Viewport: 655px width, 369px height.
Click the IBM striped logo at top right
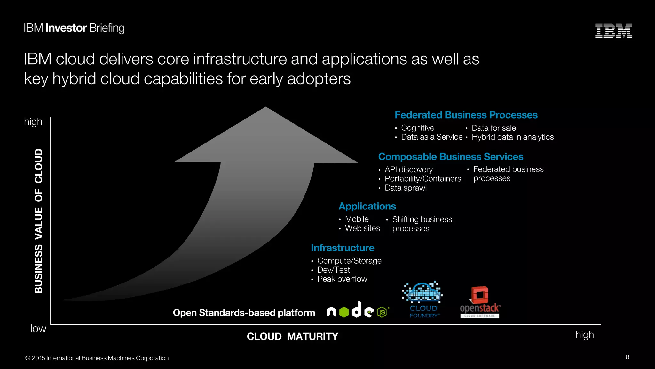tap(613, 31)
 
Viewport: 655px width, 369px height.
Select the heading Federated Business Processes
tap(466, 115)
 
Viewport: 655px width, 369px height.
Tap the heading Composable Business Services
tap(451, 157)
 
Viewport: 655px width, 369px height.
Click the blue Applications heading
tap(367, 206)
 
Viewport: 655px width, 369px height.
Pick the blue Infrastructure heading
tap(342, 248)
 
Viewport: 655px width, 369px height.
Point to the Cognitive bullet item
tap(418, 128)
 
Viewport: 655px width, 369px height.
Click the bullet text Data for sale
tap(493, 128)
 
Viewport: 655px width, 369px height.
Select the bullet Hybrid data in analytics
tap(512, 137)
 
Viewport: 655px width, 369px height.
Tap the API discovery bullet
tap(408, 169)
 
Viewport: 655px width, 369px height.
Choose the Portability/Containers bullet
tap(423, 179)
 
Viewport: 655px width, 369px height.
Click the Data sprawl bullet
tap(406, 188)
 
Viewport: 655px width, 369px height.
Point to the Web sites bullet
tap(362, 228)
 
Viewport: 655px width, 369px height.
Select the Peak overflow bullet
tap(342, 279)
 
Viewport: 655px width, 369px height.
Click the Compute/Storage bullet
tap(349, 261)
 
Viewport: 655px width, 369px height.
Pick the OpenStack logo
tap(480, 302)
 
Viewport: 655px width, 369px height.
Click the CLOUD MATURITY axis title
tap(292, 336)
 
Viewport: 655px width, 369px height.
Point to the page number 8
tap(627, 357)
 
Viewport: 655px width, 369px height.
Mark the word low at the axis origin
tap(38, 329)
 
